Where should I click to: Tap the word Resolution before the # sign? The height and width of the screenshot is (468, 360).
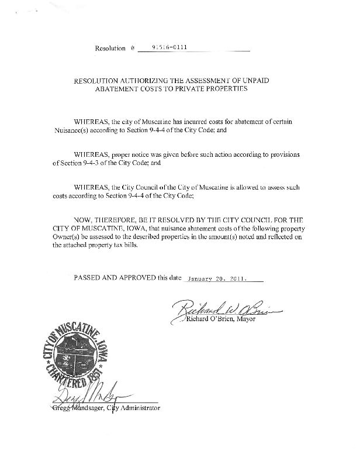(110, 48)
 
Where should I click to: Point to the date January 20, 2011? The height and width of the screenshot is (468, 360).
(216, 278)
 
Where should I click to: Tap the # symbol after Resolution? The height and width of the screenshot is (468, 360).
(133, 48)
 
